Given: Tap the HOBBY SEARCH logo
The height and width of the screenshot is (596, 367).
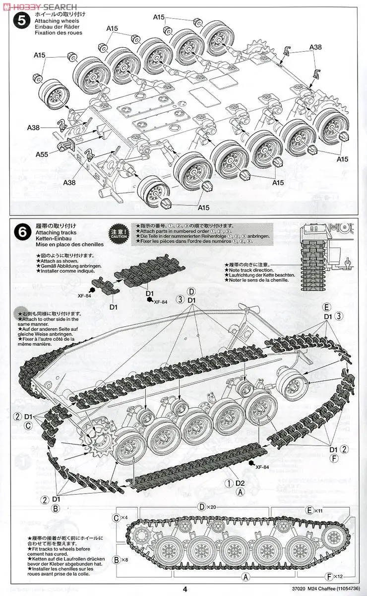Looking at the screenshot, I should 40,6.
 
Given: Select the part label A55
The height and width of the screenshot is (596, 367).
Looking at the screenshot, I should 42,154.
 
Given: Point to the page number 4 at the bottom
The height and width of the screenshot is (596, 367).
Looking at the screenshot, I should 184,590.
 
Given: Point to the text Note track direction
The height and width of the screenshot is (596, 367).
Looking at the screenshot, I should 253,270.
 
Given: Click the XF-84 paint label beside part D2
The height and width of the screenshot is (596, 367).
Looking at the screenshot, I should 262,467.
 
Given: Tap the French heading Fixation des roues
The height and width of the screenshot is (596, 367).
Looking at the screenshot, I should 59,33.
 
